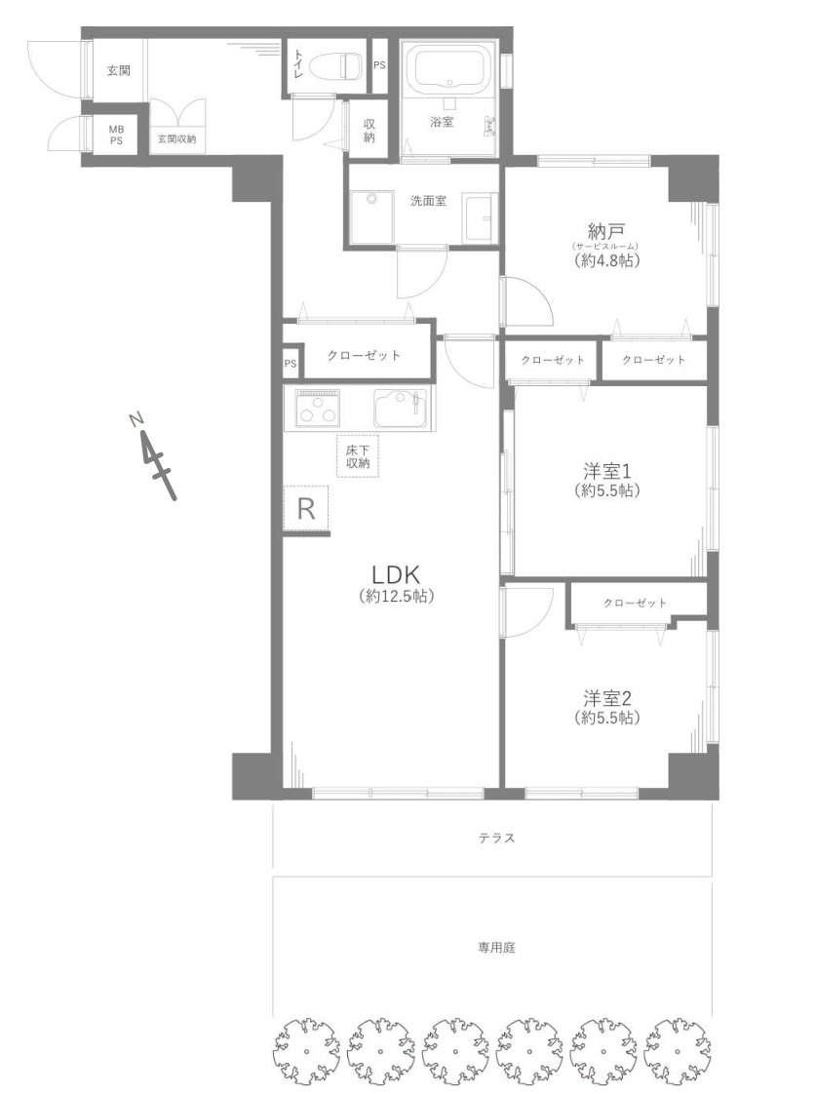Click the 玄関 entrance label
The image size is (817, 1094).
coord(118,71)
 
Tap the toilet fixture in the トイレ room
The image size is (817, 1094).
coord(342,66)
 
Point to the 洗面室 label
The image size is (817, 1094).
coord(427,201)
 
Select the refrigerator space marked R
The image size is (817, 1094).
coord(306,508)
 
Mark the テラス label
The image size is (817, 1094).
coord(496,838)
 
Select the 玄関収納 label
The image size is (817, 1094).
coord(177,139)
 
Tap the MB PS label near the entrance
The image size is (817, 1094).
coord(116,134)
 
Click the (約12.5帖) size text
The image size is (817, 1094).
coord(396,596)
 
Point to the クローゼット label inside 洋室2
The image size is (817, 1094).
coord(635,603)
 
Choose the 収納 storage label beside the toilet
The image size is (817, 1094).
coord(370,131)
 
